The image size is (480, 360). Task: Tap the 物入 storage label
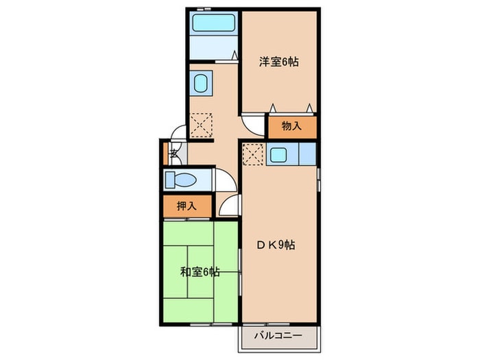(x=292, y=126)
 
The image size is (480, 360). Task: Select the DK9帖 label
(x=277, y=245)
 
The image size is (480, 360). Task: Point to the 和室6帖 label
(x=200, y=272)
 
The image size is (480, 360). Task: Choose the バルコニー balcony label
(x=279, y=336)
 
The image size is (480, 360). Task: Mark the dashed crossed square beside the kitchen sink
(x=253, y=155)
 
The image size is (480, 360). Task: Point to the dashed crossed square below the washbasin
(x=202, y=124)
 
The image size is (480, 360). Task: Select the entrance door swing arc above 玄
(x=178, y=134)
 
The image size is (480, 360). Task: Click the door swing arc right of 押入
(x=230, y=206)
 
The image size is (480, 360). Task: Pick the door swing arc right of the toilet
(x=225, y=180)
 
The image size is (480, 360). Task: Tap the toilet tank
(x=169, y=180)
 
